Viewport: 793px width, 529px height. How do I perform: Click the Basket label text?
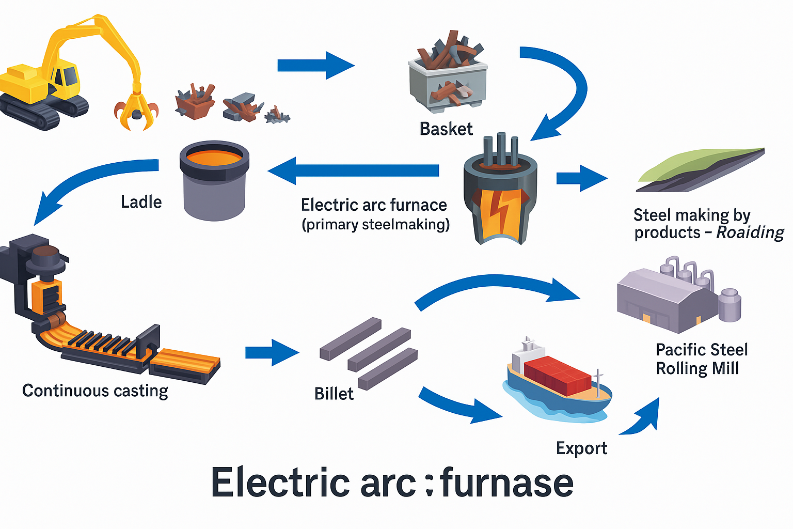click(446, 129)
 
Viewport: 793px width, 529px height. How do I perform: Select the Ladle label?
click(141, 202)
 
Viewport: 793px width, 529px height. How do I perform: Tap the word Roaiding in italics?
click(750, 232)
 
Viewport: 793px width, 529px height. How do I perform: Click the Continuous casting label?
click(95, 391)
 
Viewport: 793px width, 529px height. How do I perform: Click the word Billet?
click(334, 394)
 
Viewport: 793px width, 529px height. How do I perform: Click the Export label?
click(581, 448)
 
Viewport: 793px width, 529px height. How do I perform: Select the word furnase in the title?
click(507, 483)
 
